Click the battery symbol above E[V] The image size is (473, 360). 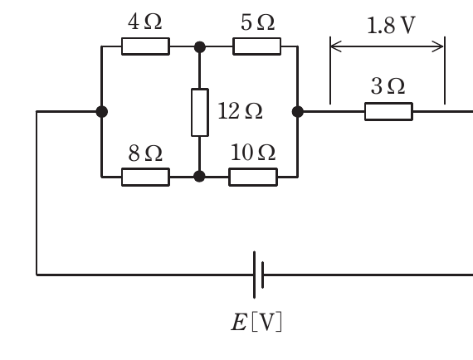tap(259, 275)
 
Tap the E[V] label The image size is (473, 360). tap(256, 322)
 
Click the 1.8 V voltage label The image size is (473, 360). tap(391, 25)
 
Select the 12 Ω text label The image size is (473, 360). tap(240, 111)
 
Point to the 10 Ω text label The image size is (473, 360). tap(253, 153)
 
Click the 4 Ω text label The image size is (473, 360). tap(144, 22)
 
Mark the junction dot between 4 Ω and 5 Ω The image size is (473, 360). tap(200, 47)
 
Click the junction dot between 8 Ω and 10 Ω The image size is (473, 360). tap(199, 177)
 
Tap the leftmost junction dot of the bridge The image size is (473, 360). tap(102, 111)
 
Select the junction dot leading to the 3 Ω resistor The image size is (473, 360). tap(298, 111)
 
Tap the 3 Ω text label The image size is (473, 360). tap(388, 86)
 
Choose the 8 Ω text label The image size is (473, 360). tap(145, 153)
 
